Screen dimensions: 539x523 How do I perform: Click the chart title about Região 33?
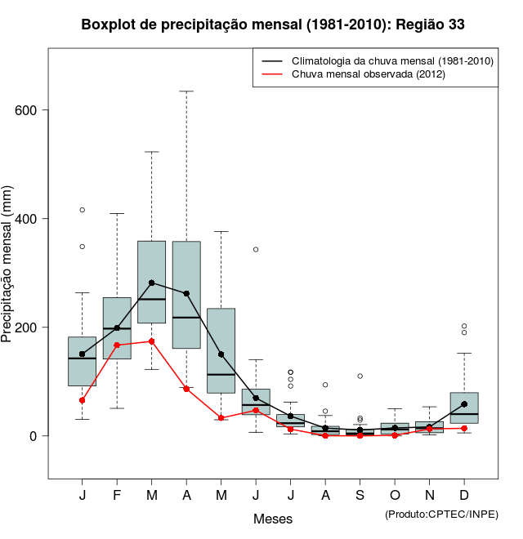point(273,24)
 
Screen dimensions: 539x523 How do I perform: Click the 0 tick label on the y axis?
point(34,436)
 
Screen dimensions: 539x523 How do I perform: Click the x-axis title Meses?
point(273,519)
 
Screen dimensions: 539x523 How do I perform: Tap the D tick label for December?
point(464,496)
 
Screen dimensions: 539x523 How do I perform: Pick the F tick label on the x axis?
point(117,496)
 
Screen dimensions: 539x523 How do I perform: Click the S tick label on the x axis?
point(360,496)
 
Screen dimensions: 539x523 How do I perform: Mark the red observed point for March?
point(152,341)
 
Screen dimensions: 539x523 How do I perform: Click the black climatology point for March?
point(152,283)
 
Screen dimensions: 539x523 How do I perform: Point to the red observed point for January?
point(83,400)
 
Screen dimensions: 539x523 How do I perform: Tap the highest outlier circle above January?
point(83,210)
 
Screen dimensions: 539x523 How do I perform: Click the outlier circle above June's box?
point(256,249)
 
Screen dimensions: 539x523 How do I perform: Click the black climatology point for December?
point(464,404)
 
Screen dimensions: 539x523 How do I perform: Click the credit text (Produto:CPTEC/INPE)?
point(441,514)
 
